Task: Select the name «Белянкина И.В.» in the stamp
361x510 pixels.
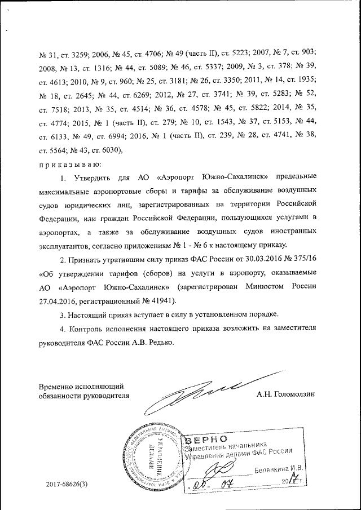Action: coord(279,468)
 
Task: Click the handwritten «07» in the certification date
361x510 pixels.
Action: coord(232,482)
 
